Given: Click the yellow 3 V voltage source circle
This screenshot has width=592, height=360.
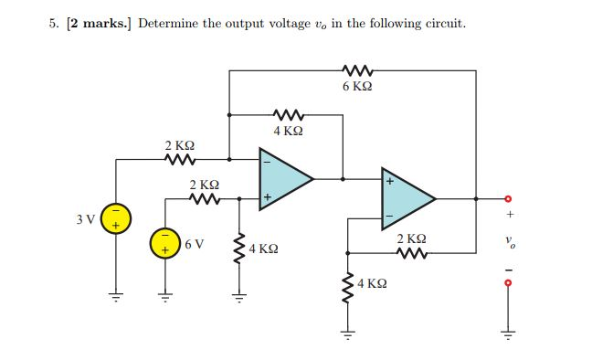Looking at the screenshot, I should click(x=116, y=220).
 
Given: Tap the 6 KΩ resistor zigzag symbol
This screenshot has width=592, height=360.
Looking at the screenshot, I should click(x=355, y=69).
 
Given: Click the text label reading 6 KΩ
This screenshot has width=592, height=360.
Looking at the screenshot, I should click(x=356, y=88).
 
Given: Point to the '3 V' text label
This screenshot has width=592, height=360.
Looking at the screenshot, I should click(x=87, y=220).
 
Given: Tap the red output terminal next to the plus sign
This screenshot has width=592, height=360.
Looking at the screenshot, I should click(x=511, y=198).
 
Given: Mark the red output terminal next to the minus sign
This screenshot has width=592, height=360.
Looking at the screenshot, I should click(x=511, y=283).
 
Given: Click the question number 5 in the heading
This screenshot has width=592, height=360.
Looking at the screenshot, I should click(x=53, y=23).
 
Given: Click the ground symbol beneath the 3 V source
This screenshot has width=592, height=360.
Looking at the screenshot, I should click(x=116, y=294).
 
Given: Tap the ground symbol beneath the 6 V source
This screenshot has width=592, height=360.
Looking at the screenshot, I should click(x=165, y=294).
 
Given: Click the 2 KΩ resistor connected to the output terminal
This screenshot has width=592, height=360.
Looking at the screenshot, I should click(x=412, y=254).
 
